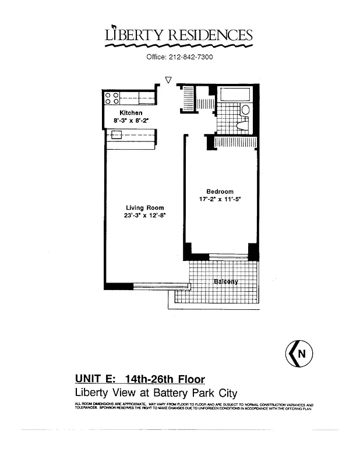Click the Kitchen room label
[x=130, y=113]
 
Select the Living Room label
[x=145, y=207]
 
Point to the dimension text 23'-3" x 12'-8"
[x=145, y=216]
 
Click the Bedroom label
[x=220, y=192]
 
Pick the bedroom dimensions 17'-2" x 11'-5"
[x=220, y=199]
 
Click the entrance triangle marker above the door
[x=168, y=80]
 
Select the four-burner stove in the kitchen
[x=112, y=98]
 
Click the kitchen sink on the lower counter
[x=116, y=135]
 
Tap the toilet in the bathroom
[x=243, y=123]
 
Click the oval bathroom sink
[x=245, y=110]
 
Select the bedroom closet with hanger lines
[x=235, y=142]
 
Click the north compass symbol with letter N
[x=299, y=352]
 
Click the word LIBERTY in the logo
[x=135, y=36]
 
